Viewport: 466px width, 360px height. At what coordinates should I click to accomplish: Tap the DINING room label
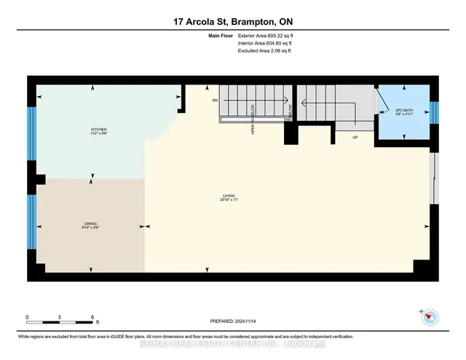[x=91, y=223]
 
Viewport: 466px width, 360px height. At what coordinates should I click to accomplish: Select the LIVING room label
[x=229, y=195]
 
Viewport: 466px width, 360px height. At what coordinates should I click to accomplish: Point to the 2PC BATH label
[x=403, y=109]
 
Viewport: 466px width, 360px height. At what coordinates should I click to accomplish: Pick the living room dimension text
[x=229, y=200]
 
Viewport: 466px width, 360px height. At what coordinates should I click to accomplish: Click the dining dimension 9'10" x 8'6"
[x=91, y=228]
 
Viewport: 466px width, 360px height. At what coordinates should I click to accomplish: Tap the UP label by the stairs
[x=355, y=136]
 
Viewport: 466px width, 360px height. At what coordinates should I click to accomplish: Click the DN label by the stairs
[x=215, y=99]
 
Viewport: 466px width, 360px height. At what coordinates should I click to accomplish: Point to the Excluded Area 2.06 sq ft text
[x=264, y=52]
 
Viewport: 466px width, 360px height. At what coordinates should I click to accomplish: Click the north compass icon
[x=430, y=316]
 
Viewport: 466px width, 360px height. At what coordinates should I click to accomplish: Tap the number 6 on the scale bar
[x=92, y=317]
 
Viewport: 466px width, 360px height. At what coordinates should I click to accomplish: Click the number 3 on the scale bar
[x=60, y=317]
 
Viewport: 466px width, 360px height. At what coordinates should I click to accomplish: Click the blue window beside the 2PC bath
[x=434, y=113]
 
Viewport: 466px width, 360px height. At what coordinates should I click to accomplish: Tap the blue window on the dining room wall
[x=31, y=222]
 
